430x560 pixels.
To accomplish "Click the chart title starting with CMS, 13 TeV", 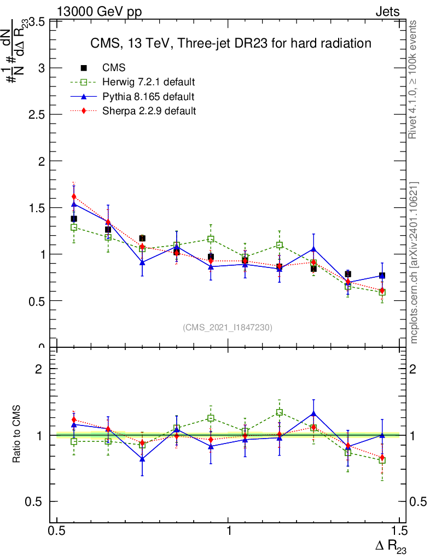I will (231, 43).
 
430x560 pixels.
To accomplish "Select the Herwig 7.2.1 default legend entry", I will (149, 83).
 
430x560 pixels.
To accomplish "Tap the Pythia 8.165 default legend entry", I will (148, 97).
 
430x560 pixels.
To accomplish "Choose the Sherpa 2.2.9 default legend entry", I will (149, 111).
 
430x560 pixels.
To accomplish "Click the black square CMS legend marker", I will (84, 68).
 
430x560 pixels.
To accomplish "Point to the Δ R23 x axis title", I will (390, 546).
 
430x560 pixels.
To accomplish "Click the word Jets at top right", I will (387, 12).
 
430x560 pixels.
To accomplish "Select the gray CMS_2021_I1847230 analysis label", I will (228, 327).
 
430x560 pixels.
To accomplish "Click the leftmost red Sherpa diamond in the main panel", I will (74, 196).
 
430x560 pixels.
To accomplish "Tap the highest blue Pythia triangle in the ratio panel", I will (313, 414).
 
